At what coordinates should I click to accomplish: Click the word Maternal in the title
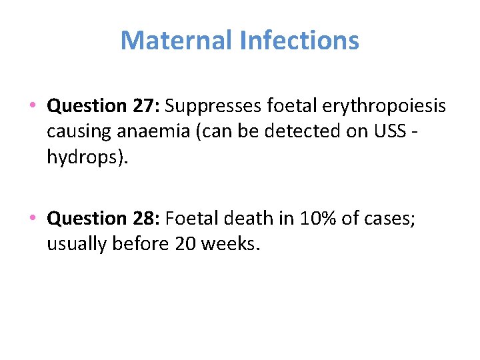(x=176, y=41)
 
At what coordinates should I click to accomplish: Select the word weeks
(x=229, y=243)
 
